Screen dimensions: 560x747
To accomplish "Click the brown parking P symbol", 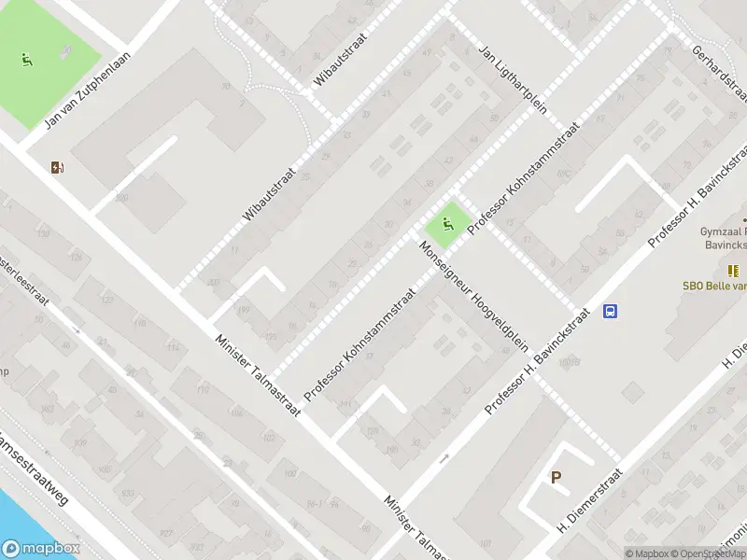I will [x=556, y=478].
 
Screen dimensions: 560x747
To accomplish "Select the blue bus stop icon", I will [x=611, y=312].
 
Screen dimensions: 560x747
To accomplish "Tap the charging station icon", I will [x=59, y=168].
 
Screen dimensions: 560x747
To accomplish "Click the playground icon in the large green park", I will [x=26, y=61].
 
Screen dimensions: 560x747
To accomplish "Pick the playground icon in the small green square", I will [x=448, y=224].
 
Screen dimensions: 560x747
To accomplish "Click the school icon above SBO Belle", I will [x=734, y=271].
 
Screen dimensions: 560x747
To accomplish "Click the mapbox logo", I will [x=40, y=549].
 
